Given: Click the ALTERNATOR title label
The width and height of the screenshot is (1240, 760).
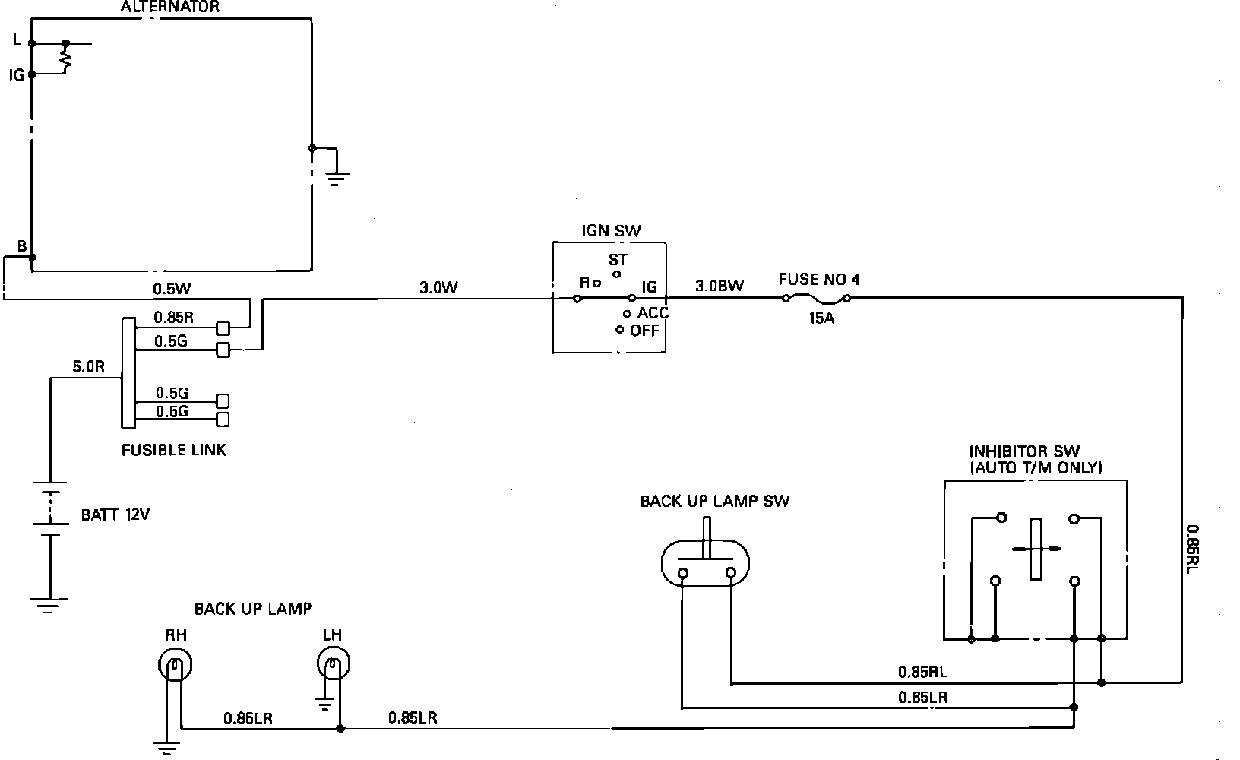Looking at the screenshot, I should pyautogui.click(x=170, y=8).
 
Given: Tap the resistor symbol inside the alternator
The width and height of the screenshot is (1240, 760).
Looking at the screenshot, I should pyautogui.click(x=66, y=60).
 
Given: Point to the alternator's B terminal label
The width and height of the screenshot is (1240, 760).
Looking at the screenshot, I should pyautogui.click(x=22, y=245).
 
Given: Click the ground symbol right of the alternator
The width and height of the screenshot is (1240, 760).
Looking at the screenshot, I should pyautogui.click(x=339, y=176).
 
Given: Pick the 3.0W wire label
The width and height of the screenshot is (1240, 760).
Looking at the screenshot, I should pyautogui.click(x=438, y=288).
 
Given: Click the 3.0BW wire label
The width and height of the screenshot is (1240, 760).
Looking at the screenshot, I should pyautogui.click(x=719, y=287).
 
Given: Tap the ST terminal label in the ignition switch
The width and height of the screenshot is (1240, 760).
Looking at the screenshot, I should pyautogui.click(x=618, y=260).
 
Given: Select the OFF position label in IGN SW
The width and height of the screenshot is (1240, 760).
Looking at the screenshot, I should pyautogui.click(x=644, y=331).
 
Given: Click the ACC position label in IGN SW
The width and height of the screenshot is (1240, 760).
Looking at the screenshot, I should pyautogui.click(x=653, y=313).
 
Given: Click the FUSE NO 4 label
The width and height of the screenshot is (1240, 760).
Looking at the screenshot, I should pyautogui.click(x=819, y=280).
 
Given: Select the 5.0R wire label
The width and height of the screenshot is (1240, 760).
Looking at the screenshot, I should pyautogui.click(x=88, y=366).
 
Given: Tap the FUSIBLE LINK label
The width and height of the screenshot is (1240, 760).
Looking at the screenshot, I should pyautogui.click(x=174, y=450).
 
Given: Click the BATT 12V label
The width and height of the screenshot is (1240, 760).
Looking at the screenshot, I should pyautogui.click(x=115, y=515).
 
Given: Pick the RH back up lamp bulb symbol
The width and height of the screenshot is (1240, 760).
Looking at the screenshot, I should pyautogui.click(x=175, y=667).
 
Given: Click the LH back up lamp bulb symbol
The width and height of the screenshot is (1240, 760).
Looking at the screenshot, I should pyautogui.click(x=332, y=666).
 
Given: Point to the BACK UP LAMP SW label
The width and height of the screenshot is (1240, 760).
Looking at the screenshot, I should pyautogui.click(x=714, y=501).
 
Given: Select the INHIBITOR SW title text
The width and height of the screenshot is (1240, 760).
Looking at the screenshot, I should pyautogui.click(x=1024, y=451).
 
